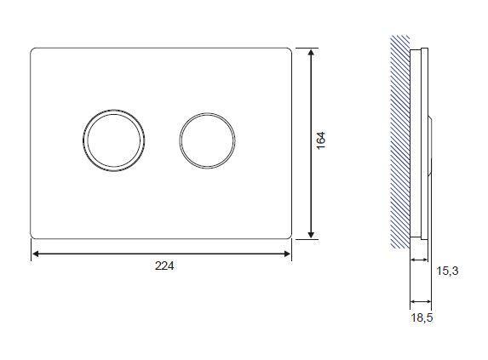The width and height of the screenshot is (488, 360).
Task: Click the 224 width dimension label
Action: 164,266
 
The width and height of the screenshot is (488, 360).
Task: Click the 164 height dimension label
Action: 320,140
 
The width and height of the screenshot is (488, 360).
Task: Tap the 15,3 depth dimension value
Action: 447,271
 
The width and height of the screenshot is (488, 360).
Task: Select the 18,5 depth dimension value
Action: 422,317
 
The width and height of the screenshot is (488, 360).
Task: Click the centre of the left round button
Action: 114,140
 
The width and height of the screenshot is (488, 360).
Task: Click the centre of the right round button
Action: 207,140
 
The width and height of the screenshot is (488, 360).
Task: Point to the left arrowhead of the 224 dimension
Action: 36,254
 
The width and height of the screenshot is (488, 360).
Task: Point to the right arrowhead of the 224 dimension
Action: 287,254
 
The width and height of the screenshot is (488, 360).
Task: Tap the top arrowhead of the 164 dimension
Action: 311,53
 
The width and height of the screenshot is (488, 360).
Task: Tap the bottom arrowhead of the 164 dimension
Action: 311,234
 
